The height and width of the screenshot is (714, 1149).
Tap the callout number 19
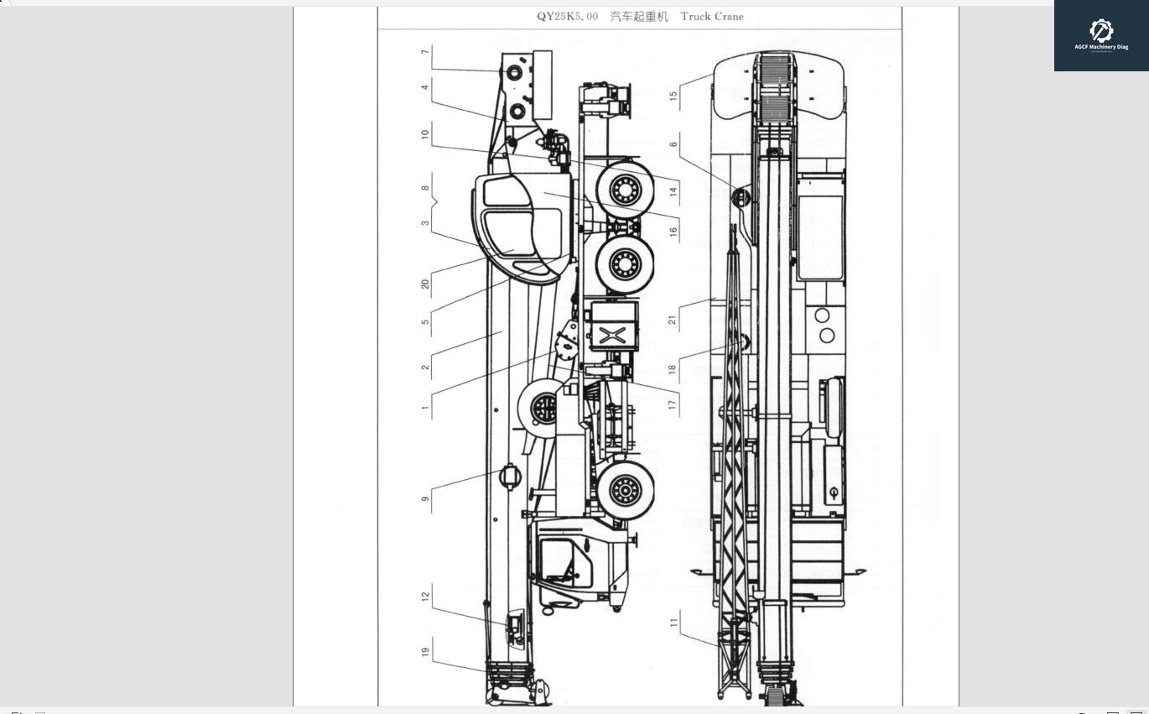(x=426, y=652)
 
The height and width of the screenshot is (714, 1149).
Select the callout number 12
(x=426, y=597)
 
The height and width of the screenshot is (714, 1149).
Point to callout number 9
(x=426, y=499)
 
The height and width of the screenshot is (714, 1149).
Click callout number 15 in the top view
(x=673, y=95)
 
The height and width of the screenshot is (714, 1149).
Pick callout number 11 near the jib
(x=673, y=623)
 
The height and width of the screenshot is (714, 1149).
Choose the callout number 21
(x=673, y=319)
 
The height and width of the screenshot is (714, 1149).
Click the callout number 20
(x=426, y=284)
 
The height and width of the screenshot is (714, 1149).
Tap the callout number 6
(x=673, y=144)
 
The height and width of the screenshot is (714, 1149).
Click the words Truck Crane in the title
(x=712, y=17)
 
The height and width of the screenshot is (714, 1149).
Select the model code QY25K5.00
(x=567, y=17)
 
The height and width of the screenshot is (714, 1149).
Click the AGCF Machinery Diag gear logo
(x=1101, y=31)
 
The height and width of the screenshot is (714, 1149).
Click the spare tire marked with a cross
(x=544, y=409)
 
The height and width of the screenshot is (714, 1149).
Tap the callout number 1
(x=426, y=409)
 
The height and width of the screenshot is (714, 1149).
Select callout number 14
(x=673, y=192)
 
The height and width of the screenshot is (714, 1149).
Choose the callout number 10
(x=426, y=134)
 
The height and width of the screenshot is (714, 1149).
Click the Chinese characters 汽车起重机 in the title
(x=639, y=17)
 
